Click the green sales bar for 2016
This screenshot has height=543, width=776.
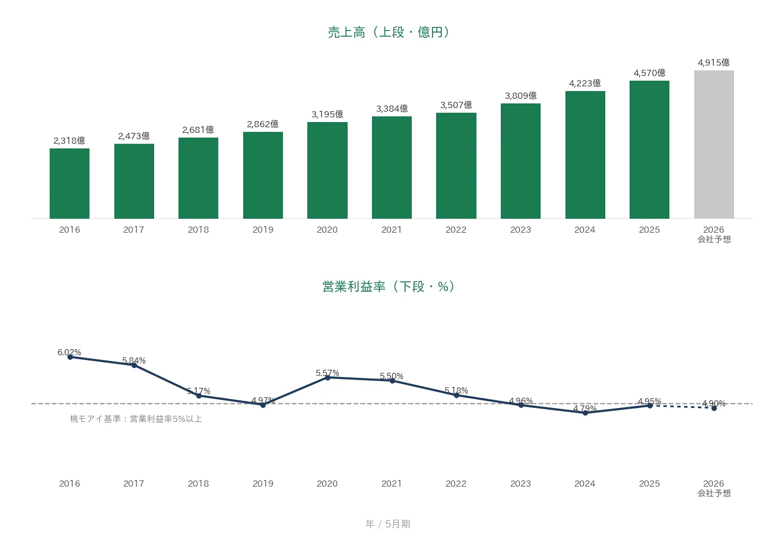(70, 184)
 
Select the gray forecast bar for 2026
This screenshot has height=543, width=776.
(714, 144)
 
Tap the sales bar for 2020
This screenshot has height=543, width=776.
(327, 170)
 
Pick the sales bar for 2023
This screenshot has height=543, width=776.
(520, 161)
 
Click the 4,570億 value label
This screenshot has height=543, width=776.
(650, 73)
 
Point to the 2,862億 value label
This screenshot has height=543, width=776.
(263, 124)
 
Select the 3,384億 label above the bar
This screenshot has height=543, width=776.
(392, 109)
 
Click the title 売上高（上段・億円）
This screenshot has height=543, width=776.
(389, 32)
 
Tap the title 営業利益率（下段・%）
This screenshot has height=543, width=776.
(389, 286)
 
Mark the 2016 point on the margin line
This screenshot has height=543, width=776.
(70, 357)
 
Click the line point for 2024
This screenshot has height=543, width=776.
(585, 413)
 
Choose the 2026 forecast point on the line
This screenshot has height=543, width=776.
(714, 409)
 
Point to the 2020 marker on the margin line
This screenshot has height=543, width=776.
(327, 378)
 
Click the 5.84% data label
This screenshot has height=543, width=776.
(133, 360)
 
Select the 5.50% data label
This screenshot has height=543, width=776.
(392, 376)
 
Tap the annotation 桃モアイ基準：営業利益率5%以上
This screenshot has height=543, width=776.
(136, 419)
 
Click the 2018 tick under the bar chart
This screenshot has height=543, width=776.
(198, 230)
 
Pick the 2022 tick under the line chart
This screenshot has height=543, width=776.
(456, 484)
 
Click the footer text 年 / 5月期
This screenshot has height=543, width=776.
(388, 524)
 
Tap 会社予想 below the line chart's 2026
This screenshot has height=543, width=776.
(714, 493)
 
